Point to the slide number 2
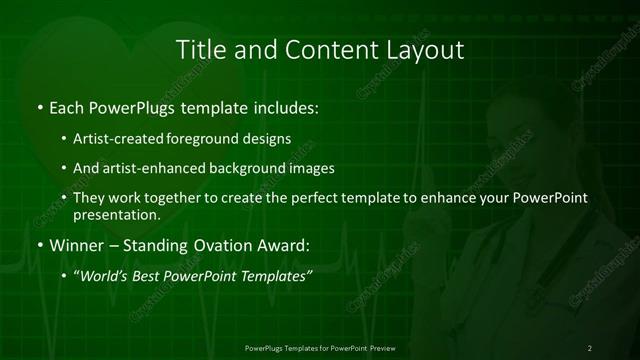pos(589,347)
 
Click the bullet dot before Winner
pos(39,245)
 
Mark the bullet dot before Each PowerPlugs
pos(39,106)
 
